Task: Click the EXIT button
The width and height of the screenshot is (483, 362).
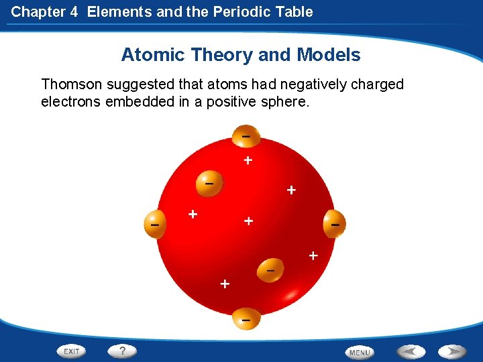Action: pos(71,351)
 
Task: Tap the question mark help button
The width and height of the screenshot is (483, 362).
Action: pos(123,350)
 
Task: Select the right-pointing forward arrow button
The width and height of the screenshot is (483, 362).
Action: pos(453,351)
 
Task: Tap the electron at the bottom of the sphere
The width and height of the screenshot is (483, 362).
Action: pos(246,320)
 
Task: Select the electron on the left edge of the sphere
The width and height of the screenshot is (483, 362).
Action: pos(155,224)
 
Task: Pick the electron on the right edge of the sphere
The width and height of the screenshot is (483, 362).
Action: pos(335,223)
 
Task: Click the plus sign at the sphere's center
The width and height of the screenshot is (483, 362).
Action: pos(248,221)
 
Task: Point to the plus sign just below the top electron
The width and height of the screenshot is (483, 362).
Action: pos(248,160)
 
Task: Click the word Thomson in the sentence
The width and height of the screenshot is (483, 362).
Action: pos(70,84)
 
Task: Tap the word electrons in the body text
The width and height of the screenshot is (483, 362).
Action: pos(70,103)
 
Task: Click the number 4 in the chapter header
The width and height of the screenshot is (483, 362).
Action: pos(75,11)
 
